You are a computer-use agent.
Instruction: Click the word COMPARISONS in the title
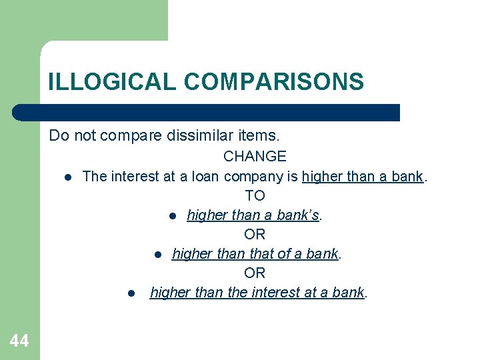pyautogui.click(x=274, y=82)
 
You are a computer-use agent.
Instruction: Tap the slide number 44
pyautogui.click(x=19, y=341)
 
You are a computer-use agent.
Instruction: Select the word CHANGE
pyautogui.click(x=255, y=157)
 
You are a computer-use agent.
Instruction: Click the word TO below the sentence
pyautogui.click(x=255, y=195)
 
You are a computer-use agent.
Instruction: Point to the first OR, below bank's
pyautogui.click(x=255, y=234)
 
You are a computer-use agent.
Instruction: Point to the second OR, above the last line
pyautogui.click(x=255, y=273)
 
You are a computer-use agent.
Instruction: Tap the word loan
pyautogui.click(x=207, y=177)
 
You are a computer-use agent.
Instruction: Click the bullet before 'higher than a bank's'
pyautogui.click(x=172, y=216)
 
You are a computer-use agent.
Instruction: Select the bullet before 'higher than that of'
pyautogui.click(x=157, y=255)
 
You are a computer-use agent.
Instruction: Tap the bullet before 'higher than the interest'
pyautogui.click(x=132, y=293)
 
